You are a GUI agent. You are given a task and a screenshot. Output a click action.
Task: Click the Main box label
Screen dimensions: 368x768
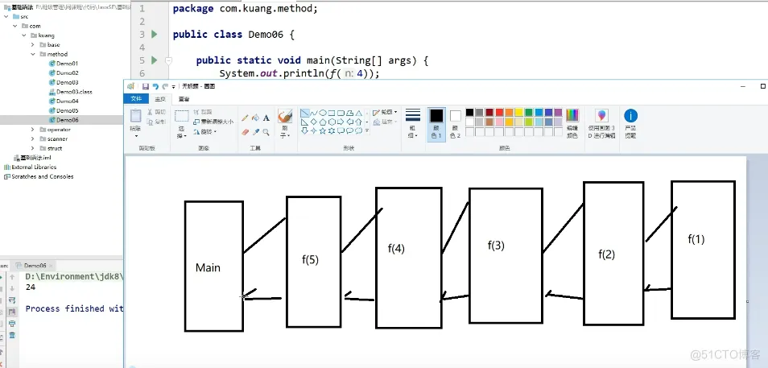pos(208,267)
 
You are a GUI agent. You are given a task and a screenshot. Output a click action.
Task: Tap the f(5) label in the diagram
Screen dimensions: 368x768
pos(310,259)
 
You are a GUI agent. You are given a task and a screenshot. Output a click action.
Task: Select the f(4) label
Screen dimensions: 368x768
pos(396,249)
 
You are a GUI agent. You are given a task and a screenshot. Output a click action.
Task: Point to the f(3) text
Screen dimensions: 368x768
pos(496,245)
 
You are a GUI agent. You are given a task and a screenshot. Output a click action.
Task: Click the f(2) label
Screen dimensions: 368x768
pos(606,254)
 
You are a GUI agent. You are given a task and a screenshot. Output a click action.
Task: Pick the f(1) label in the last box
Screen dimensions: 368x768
pos(696,239)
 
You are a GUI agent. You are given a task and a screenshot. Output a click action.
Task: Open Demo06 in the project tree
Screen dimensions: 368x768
pos(67,120)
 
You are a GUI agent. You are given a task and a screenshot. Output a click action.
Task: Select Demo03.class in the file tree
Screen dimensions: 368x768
pos(73,92)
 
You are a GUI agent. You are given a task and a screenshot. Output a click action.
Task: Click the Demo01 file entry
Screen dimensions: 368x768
pos(67,63)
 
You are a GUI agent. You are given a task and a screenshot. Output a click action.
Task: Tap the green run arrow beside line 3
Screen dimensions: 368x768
pos(154,35)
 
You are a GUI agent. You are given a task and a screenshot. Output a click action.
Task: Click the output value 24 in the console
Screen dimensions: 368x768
pos(31,287)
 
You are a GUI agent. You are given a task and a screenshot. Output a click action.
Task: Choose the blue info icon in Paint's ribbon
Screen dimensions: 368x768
pos(630,116)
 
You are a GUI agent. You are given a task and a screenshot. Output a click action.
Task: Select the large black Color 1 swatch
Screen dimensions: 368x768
pos(436,116)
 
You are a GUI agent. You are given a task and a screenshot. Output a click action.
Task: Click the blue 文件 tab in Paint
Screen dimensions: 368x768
pos(136,98)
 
